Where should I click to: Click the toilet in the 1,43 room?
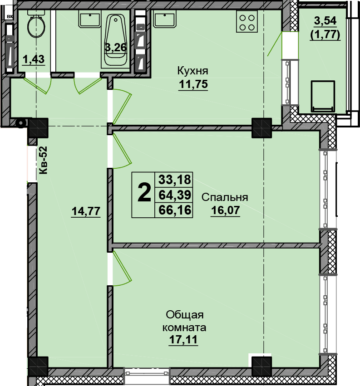click(36, 24)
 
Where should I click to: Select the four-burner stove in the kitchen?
click(247, 22)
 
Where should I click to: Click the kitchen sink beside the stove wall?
click(165, 19)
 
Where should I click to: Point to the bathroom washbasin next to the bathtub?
click(90, 19)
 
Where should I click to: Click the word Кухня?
click(192, 71)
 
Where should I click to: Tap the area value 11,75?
click(193, 84)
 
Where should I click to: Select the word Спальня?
click(225, 197)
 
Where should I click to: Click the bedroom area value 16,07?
click(225, 210)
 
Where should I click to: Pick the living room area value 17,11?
click(183, 340)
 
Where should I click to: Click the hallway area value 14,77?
click(86, 211)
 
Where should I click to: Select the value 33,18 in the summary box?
click(175, 180)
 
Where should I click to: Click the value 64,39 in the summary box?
click(175, 195)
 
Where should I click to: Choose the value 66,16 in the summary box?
click(175, 210)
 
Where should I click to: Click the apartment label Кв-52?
click(43, 160)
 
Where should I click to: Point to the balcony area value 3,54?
click(325, 21)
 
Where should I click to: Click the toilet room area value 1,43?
click(34, 59)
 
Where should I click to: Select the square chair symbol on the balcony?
click(323, 96)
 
